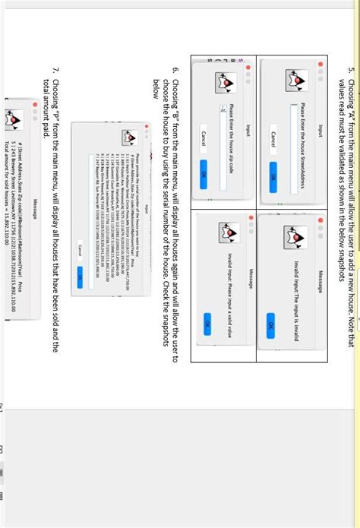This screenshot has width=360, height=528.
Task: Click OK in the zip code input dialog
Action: click(x=203, y=174)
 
